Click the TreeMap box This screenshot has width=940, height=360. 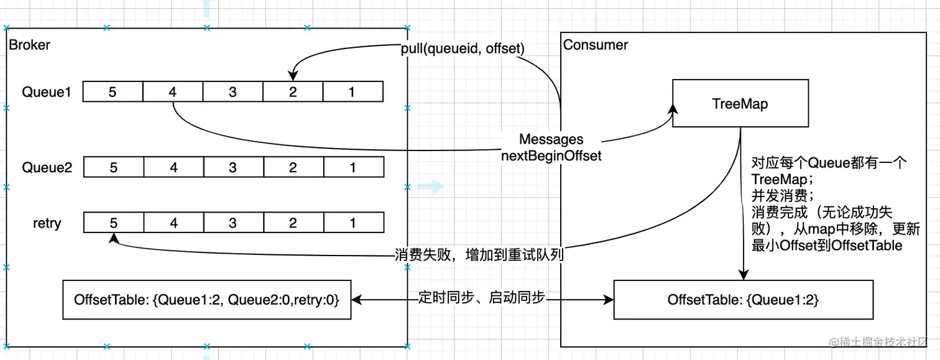click(740, 103)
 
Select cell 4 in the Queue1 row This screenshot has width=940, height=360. click(173, 92)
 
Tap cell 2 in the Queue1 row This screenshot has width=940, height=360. click(293, 92)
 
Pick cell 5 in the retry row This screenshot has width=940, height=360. click(113, 223)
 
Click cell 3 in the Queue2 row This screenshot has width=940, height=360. click(233, 167)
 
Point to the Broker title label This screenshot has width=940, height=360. click(29, 45)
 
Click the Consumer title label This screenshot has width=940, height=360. click(595, 45)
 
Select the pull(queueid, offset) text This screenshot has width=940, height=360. click(462, 47)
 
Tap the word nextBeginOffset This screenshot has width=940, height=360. click(551, 155)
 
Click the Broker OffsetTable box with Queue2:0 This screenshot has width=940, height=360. click(206, 300)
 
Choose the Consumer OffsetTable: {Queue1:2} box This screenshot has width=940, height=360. click(743, 300)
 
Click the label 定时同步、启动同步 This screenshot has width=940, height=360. click(481, 297)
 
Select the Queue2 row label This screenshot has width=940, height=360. click(47, 167)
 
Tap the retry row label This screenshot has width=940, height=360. click(47, 223)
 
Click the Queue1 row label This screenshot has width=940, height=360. click(47, 92)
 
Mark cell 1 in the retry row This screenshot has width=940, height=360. click(352, 223)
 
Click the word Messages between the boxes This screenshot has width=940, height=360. click(551, 139)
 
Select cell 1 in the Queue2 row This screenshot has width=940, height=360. click(352, 167)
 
